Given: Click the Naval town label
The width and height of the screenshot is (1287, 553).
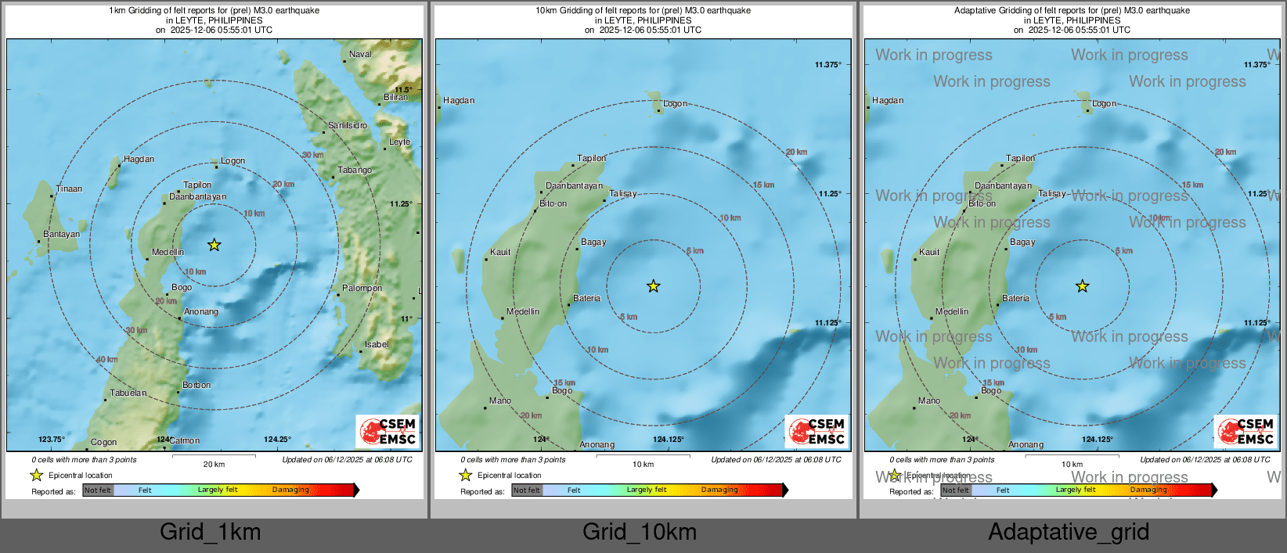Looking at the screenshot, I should point(360,55).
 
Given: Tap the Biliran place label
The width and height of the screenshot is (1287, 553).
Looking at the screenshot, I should point(395,98).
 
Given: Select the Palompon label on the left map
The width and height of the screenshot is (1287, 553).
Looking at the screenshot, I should point(362,289).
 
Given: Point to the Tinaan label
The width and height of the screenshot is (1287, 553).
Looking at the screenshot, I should point(69,189).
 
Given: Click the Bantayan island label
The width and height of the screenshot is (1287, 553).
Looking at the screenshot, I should point(61,235).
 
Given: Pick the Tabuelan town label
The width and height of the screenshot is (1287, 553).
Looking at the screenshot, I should point(128,393).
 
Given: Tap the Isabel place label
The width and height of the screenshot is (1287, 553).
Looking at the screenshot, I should point(377,345).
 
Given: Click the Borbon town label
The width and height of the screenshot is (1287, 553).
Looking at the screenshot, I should point(196,386).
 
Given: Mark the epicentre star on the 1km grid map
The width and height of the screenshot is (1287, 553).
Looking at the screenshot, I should point(214,246).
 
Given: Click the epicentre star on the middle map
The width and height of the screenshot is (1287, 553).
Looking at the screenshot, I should point(653,287).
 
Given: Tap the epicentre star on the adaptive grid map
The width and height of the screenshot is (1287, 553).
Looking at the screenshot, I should point(1082,287).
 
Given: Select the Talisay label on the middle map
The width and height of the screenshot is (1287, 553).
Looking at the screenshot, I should point(623,194).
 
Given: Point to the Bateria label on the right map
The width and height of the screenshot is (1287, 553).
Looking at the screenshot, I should point(1015,299).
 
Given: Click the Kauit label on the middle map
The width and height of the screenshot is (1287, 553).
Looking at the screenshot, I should point(500,253).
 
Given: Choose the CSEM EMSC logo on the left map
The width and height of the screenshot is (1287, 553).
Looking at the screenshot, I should point(388,431).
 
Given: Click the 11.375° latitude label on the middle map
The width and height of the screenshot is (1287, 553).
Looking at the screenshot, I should point(827,65).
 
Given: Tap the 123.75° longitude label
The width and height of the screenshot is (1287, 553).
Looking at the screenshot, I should point(52,440).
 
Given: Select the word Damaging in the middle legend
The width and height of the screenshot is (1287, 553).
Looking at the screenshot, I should point(719,490).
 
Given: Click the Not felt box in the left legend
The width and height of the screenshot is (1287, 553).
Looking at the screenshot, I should point(98,490).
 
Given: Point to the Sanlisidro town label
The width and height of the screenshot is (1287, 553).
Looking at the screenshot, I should point(348,126).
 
